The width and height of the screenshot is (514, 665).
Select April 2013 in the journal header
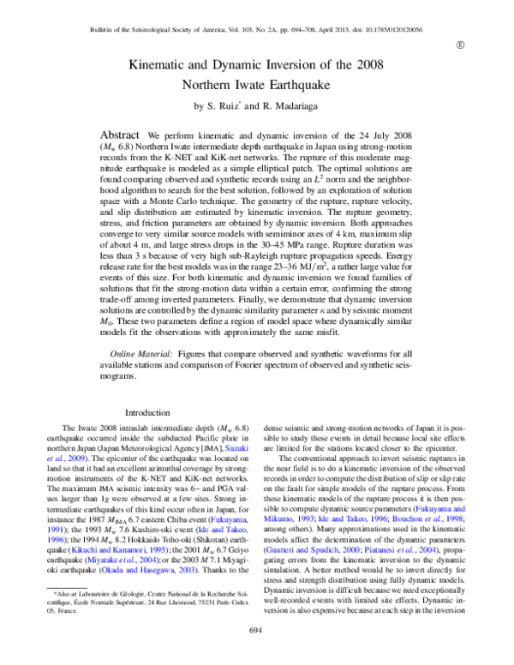(x=340, y=28)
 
